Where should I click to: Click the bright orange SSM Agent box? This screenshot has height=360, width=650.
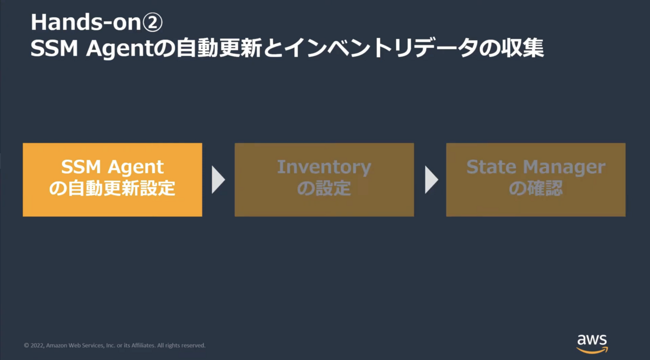112,180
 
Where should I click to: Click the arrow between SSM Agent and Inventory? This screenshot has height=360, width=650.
218,180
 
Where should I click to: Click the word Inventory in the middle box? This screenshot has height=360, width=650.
324,168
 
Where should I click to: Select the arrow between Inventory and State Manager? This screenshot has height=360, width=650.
431,180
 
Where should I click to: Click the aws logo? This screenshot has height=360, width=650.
592,343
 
